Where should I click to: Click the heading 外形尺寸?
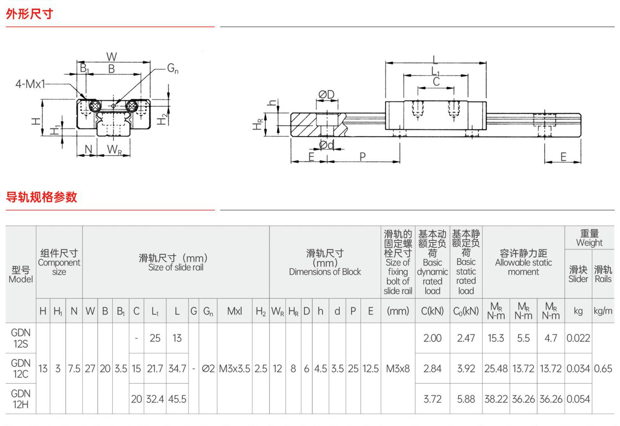pos(29,14)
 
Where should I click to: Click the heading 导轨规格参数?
pos(41,197)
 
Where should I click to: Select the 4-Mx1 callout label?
pos(30,84)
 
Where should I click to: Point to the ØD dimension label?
pos(327,95)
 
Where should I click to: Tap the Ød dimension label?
pos(327,144)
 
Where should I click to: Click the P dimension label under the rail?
pos(363,157)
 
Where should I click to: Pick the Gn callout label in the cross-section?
pos(173,68)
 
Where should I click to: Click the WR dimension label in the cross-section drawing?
pos(114,150)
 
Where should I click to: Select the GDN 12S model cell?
pos(21,338)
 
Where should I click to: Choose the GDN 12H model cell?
pos(21,399)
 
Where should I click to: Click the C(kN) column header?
pos(432,311)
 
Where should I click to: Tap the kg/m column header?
pos(603,311)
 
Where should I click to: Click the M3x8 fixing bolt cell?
pos(398,368)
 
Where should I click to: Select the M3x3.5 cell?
pos(234,368)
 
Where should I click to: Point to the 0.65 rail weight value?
pos(603,368)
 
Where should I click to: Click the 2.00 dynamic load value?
pos(432,338)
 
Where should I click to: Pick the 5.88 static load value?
pos(466,399)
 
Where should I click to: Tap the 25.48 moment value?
pos(496,368)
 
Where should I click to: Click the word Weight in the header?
pos(589,243)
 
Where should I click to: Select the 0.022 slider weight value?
pos(578,338)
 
